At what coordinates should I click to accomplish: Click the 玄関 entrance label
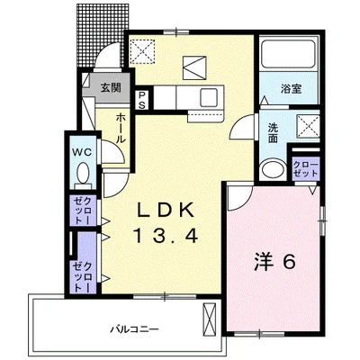click(x=110, y=87)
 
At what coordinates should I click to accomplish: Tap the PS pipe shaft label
click(x=142, y=97)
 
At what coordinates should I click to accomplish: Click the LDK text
click(x=166, y=211)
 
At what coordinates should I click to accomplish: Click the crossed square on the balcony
click(x=211, y=317)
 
